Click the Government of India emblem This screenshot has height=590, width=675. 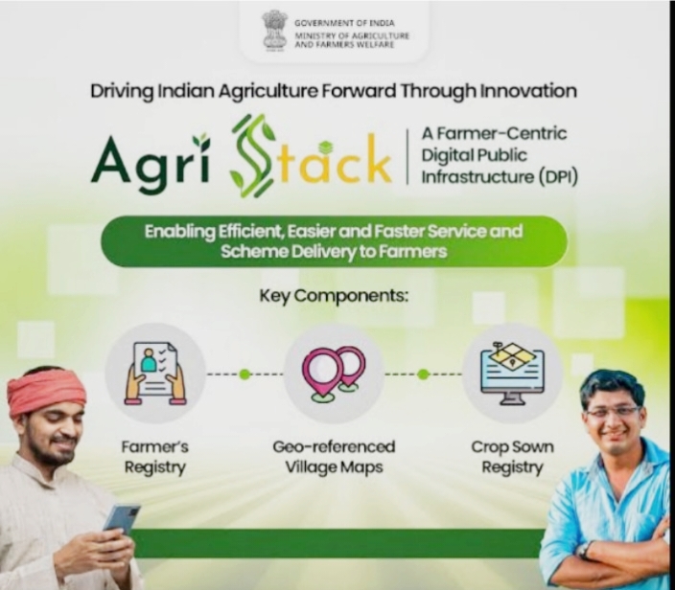[274, 30]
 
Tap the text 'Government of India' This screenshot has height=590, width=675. [344, 23]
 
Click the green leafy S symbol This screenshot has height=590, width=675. [253, 156]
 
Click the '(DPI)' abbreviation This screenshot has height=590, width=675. [558, 177]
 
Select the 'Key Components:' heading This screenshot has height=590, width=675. [334, 296]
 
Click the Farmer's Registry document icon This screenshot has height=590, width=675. [155, 374]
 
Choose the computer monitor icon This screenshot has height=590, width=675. [512, 374]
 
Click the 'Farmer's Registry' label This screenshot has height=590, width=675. [155, 457]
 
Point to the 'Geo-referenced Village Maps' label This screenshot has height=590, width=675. [334, 457]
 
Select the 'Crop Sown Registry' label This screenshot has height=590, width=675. [512, 457]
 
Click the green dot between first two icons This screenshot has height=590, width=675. [244, 374]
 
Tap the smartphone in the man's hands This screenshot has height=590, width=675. [122, 519]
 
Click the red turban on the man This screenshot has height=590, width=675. [45, 392]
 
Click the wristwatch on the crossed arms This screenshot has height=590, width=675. [584, 550]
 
